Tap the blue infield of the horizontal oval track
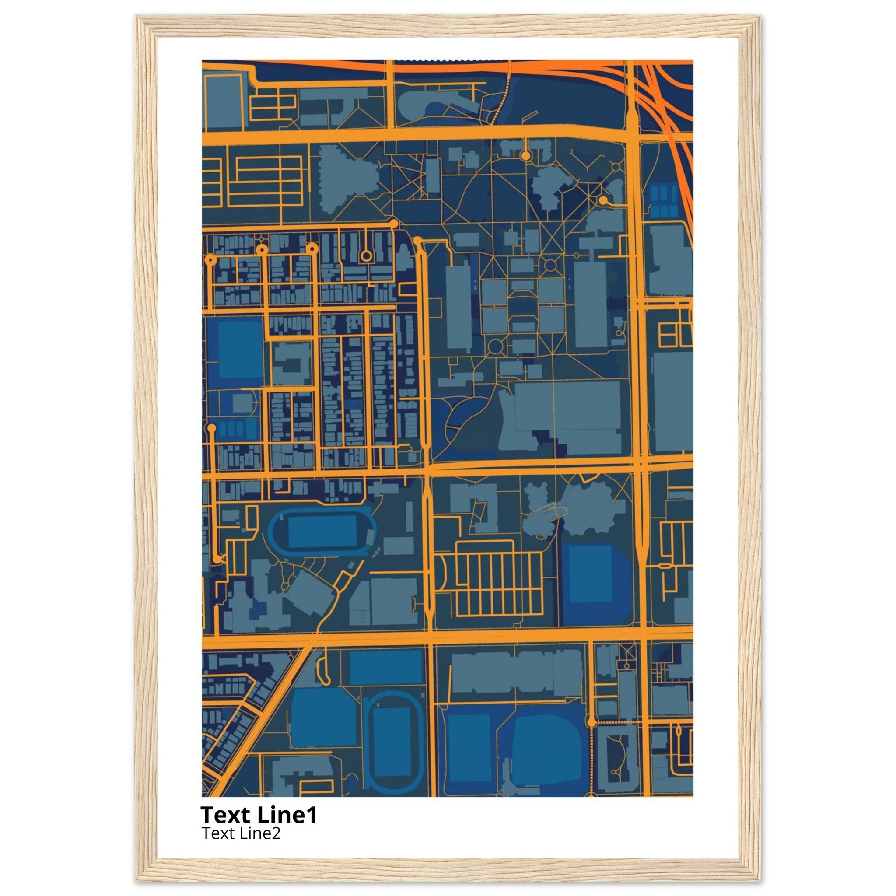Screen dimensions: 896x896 pos(322,532)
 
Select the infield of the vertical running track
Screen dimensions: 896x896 pos(392,742)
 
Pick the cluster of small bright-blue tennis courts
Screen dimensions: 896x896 pos(663,201)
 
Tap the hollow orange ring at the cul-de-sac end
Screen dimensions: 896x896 pos(366,255)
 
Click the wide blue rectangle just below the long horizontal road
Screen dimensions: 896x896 pos(385,666)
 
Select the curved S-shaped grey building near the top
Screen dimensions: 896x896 pos(438,101)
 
